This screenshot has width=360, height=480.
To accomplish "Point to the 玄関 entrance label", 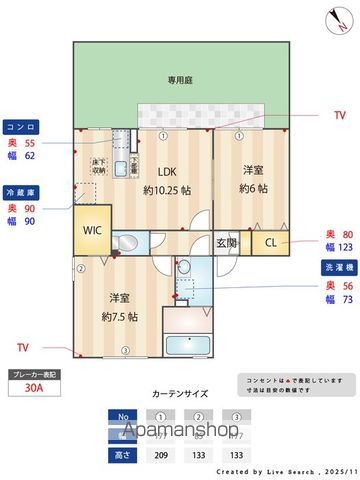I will pos(227,243).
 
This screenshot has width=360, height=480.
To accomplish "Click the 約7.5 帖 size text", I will pos(120,316).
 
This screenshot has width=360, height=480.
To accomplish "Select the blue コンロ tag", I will pos(22,129).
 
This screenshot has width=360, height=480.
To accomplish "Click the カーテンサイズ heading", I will pos(180,394).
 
